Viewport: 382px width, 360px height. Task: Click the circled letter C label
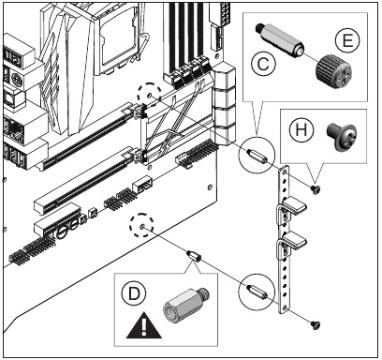(263, 65)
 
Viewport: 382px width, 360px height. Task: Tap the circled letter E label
(347, 40)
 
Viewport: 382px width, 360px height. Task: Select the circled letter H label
(301, 129)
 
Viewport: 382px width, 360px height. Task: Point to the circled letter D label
(134, 293)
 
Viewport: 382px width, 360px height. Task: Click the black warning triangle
(144, 325)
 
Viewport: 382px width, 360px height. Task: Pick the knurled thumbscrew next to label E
(333, 71)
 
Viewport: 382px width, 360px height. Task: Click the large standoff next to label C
(280, 39)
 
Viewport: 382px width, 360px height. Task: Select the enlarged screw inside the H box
(341, 137)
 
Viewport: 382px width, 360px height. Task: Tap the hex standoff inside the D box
(186, 304)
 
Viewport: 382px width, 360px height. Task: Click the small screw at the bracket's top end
(316, 188)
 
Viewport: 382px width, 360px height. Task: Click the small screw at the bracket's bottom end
(316, 325)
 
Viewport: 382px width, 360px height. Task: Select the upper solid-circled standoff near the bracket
(257, 155)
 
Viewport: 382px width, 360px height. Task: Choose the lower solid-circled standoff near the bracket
(257, 292)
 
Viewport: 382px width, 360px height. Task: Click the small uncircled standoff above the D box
(194, 256)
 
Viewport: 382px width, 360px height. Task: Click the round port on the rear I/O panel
(17, 81)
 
